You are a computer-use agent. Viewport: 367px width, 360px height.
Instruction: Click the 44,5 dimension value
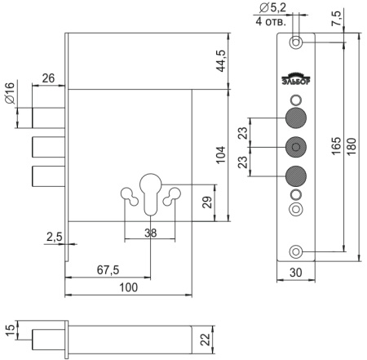(221, 61)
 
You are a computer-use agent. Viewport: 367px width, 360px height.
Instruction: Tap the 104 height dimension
(221, 155)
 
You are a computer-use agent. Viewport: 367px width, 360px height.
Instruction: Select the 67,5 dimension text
(108, 270)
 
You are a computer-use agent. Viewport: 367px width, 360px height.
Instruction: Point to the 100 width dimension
(129, 287)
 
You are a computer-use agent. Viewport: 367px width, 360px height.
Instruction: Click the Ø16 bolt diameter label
(10, 93)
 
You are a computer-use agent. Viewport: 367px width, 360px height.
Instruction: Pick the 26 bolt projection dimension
(48, 78)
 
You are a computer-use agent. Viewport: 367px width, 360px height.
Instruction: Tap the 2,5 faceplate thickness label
(55, 237)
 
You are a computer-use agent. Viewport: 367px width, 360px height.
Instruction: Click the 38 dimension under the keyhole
(151, 233)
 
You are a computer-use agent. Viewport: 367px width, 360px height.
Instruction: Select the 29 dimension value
(207, 202)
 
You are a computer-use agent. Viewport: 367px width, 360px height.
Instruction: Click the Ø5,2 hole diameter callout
(272, 8)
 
